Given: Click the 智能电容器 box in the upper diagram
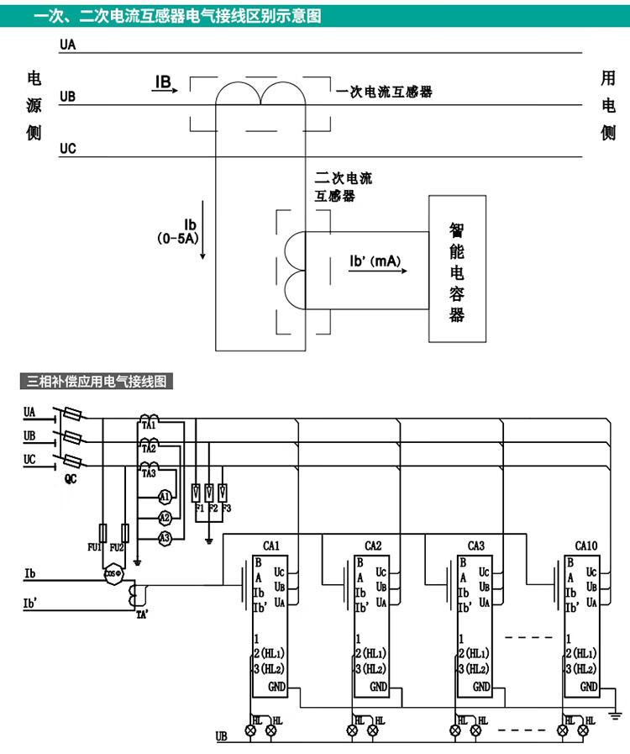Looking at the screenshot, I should (x=459, y=269).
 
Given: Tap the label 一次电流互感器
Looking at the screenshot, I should (x=384, y=92).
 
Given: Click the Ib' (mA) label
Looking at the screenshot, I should (x=375, y=261).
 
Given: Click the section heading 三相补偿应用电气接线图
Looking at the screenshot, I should (x=97, y=381).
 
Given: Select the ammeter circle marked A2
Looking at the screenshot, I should (x=165, y=517).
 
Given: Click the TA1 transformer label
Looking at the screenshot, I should (x=149, y=427).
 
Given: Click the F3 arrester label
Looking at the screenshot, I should (x=226, y=509).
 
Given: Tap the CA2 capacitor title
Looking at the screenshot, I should (x=374, y=546).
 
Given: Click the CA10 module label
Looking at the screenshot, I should (x=586, y=546).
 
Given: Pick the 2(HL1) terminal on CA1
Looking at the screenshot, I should (x=270, y=653).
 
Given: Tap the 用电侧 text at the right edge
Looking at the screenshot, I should (x=608, y=105).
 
